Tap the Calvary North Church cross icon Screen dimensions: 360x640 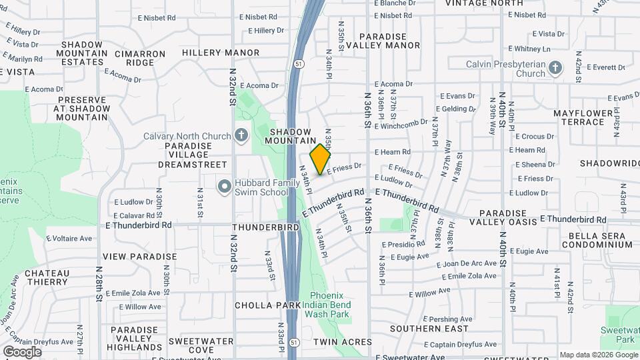pos(241,135)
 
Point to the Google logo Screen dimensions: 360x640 pos(22,351)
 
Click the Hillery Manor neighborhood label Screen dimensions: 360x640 pos(221,52)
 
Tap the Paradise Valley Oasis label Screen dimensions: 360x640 pos(503,221)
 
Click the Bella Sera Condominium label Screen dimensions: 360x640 pos(597,240)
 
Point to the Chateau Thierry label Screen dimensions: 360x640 pos(47,277)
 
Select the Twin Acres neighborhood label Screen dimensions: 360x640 pos(343,342)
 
